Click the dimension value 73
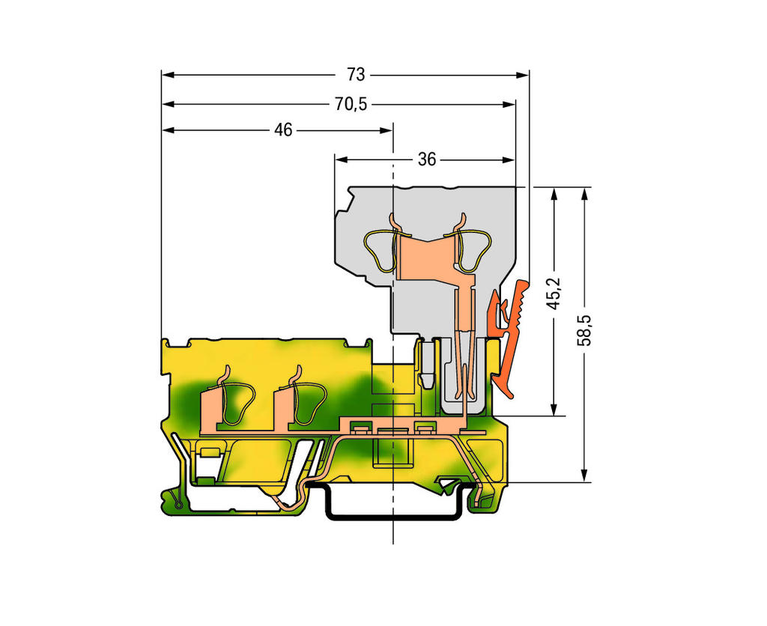[356, 75]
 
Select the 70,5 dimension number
[351, 104]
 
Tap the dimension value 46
[283, 130]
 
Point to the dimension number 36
[426, 159]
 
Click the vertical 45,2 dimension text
[554, 294]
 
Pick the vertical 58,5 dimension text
[583, 331]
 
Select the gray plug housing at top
[425, 259]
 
